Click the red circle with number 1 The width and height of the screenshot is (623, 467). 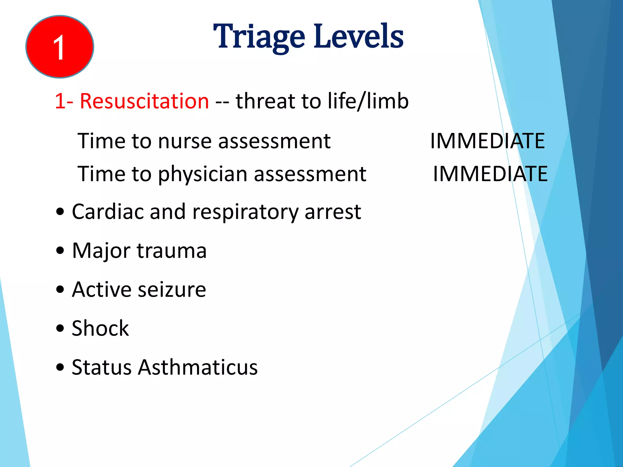[60, 47]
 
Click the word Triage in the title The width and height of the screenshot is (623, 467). [259, 37]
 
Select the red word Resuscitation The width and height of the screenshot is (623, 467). [144, 101]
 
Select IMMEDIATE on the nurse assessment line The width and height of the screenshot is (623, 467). [487, 141]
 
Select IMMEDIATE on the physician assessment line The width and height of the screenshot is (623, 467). [490, 174]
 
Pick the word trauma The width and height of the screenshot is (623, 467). [172, 251]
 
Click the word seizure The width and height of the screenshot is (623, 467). [172, 289]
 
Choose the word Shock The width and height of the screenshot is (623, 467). [100, 328]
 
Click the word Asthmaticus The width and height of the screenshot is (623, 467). [198, 367]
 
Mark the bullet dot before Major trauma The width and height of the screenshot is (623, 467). [60, 251]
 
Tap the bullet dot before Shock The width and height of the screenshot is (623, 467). [60, 328]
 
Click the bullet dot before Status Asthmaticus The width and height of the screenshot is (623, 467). [60, 367]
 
